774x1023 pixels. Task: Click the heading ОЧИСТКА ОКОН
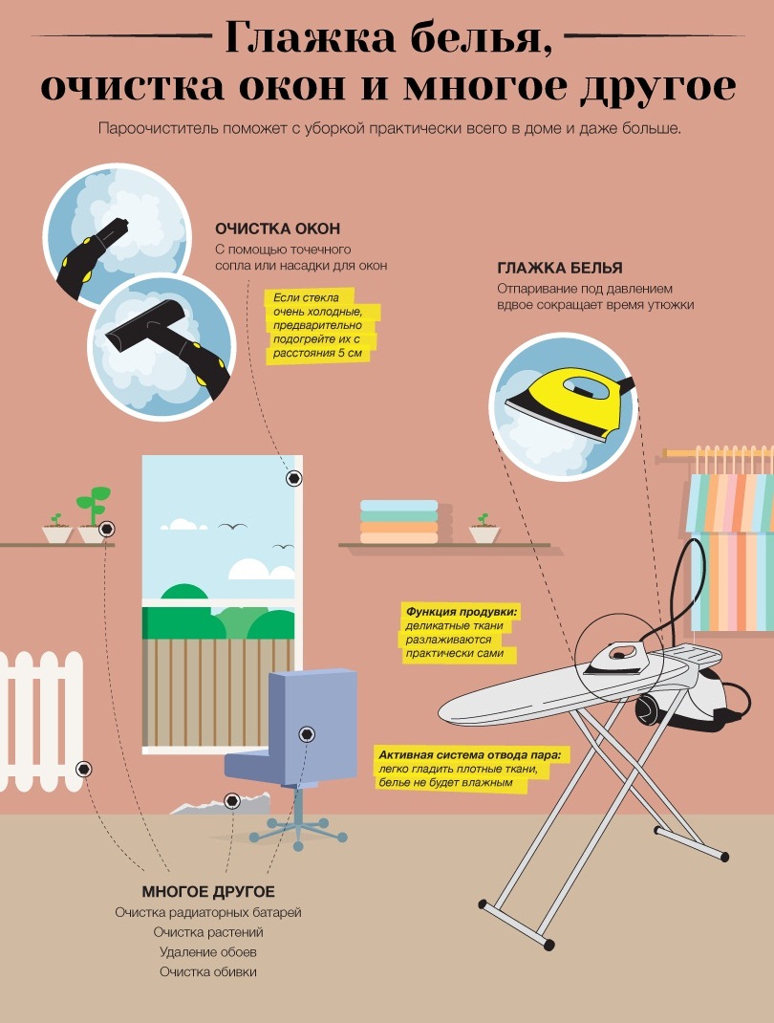point(278,229)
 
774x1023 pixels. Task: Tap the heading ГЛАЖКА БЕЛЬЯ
point(559,268)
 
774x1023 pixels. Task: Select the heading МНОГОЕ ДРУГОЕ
point(208,892)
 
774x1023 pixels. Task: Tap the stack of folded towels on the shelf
point(399,521)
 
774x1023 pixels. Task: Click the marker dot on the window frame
point(294,478)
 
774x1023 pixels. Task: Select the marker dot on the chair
point(307,734)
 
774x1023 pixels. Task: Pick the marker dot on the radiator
point(83,770)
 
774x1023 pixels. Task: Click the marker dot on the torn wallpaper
point(231,800)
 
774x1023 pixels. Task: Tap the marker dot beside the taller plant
point(108,528)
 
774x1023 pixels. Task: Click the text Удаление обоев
point(208,952)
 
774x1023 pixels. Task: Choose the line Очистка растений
point(208,932)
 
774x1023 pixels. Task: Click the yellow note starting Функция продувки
point(461,633)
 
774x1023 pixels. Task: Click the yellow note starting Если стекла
point(322,326)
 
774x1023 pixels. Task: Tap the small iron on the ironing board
point(615,658)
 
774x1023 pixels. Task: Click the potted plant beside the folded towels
point(484,529)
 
